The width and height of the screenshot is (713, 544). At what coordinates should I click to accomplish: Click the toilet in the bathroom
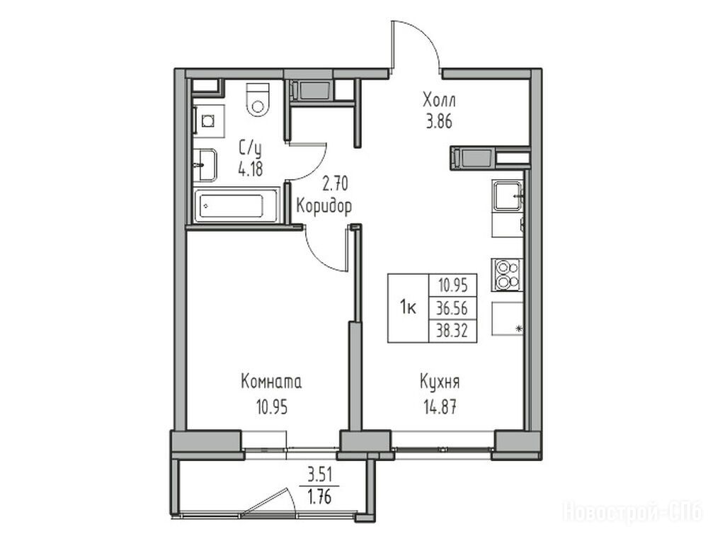pos(258,99)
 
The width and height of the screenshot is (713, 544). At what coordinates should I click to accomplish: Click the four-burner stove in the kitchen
pos(506,275)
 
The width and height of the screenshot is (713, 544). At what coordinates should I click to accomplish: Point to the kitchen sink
pos(508,195)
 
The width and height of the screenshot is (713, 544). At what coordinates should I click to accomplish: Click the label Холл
pos(439,100)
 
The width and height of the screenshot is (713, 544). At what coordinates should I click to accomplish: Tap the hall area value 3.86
pos(439,122)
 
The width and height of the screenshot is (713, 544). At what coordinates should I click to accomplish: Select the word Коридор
pos(324,206)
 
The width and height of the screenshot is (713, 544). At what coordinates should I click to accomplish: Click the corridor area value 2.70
pos(335,184)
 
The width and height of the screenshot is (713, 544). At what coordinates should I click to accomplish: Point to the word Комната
pos(271,382)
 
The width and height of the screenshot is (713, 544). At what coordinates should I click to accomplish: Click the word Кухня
pos(440,382)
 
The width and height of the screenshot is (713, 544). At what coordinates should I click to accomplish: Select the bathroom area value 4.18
pos(250,169)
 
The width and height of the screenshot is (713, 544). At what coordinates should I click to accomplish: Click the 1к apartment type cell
pos(409,308)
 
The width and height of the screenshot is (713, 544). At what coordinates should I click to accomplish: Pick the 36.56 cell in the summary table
pos(452,308)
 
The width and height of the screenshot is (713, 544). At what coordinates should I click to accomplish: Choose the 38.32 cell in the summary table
pos(452,331)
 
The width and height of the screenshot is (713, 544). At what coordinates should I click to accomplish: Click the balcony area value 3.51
pos(320,476)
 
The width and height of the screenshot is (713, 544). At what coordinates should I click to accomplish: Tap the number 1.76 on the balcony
pos(320,497)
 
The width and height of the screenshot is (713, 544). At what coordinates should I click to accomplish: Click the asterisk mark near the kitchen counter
pos(519,329)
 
